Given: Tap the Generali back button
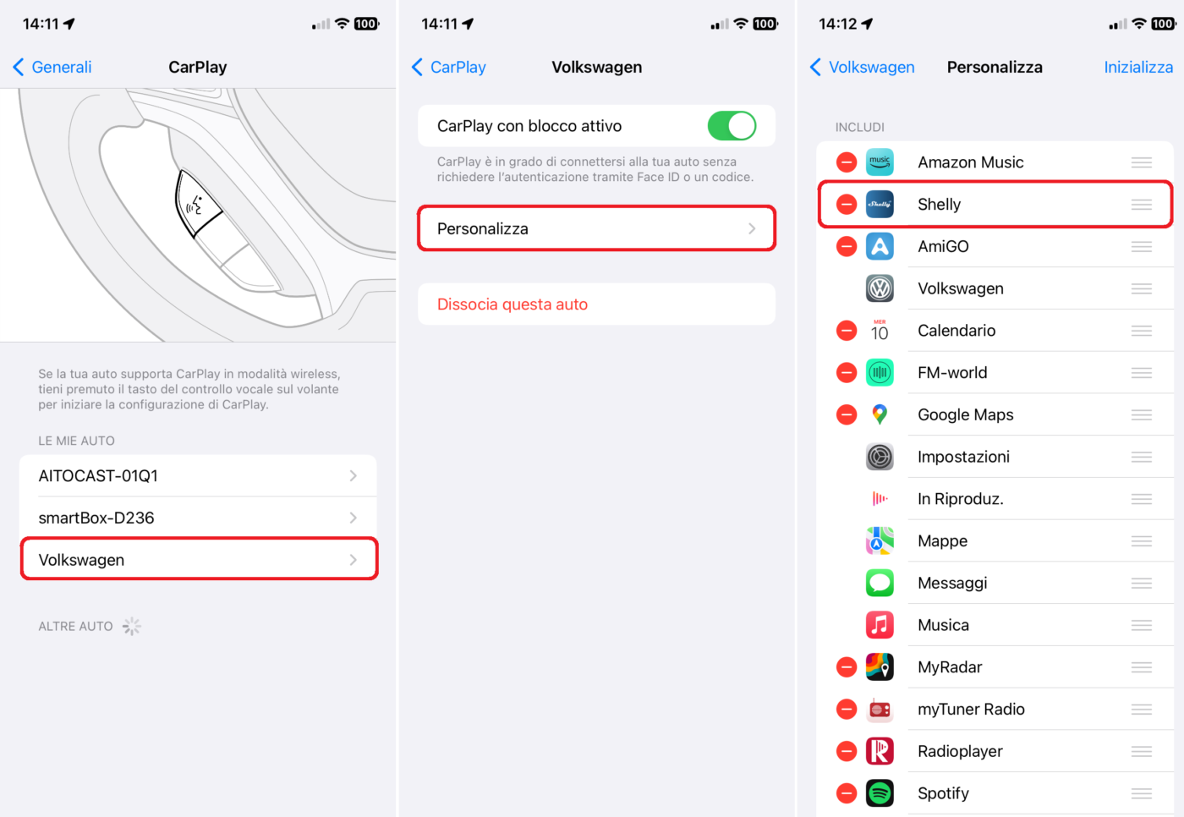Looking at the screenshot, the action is coord(52,67).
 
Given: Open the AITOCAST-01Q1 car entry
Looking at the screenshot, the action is coord(198,475).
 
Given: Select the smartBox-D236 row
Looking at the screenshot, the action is coord(198,518).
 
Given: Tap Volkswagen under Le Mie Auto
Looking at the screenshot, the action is coord(198,559).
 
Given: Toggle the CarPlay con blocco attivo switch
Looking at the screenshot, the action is coord(732,126).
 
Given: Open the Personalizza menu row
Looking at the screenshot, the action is coord(596,228).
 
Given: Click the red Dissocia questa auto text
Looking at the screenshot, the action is coord(513,304).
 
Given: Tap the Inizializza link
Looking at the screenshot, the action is coord(1138,67).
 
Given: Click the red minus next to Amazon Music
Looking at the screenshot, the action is coord(847,162).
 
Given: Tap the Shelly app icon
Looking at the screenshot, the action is coord(880,204).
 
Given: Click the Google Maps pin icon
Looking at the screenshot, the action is coord(880,414).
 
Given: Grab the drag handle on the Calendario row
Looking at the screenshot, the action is coord(1141,331).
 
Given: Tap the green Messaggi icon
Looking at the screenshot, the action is coord(880,583).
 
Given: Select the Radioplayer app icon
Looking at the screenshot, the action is coord(880,751).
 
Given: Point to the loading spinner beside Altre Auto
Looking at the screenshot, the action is coord(132,626).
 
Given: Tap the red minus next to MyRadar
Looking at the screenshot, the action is coord(847,667).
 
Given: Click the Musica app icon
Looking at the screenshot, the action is coord(880,625).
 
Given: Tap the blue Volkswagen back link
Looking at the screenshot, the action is coord(862,67).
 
